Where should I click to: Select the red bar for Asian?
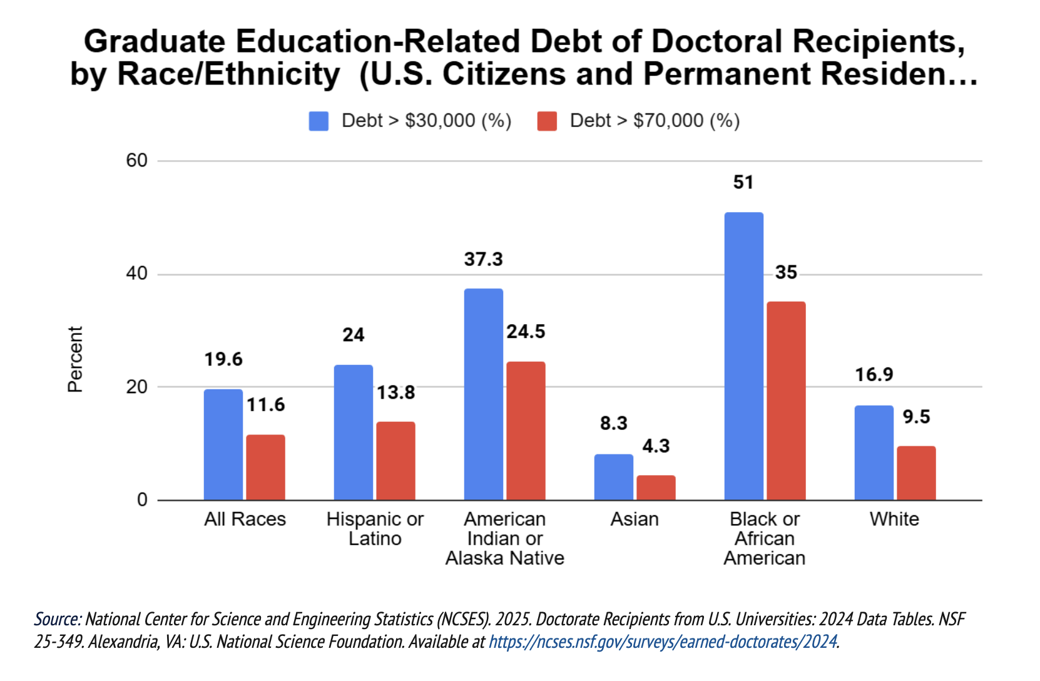pyautogui.click(x=656, y=488)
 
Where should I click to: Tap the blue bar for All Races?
pyautogui.click(x=223, y=444)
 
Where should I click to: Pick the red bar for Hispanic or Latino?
pyautogui.click(x=395, y=461)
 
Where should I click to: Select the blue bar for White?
pyautogui.click(x=874, y=453)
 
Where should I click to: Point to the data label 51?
pyautogui.click(x=743, y=182)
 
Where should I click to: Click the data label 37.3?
pyautogui.click(x=483, y=259)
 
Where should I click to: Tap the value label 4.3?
pyautogui.click(x=656, y=446)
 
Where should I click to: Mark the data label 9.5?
pyautogui.click(x=916, y=417)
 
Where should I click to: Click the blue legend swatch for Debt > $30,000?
pyautogui.click(x=319, y=121)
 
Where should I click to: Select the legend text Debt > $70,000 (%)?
pyautogui.click(x=655, y=121)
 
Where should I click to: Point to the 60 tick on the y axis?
pyautogui.click(x=136, y=160)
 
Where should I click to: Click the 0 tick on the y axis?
pyautogui.click(x=142, y=499)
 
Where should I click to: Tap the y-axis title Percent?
pyautogui.click(x=75, y=359)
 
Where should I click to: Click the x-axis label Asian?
pyautogui.click(x=635, y=519)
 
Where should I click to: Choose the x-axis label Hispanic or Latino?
pyautogui.click(x=375, y=528)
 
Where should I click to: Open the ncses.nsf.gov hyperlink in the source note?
pyautogui.click(x=663, y=642)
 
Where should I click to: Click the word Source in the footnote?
pyautogui.click(x=56, y=619)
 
